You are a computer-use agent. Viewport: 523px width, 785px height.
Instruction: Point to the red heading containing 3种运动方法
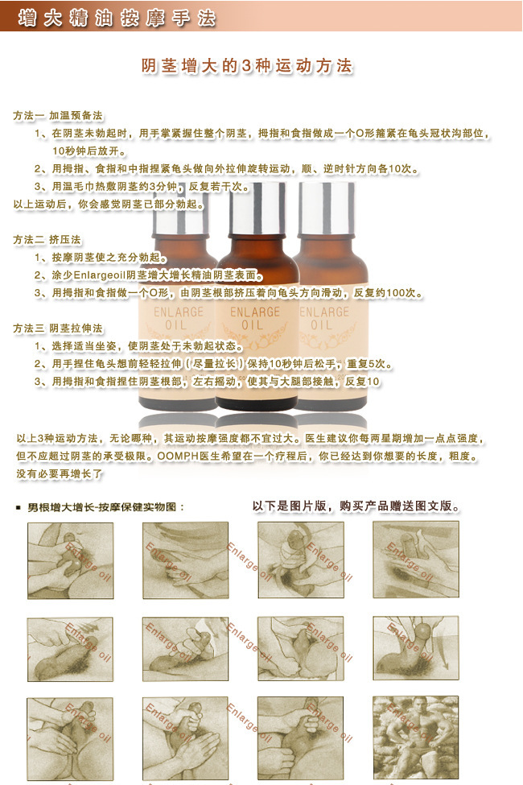[x=247, y=66]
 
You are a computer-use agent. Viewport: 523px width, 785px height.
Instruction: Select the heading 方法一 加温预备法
[x=57, y=115]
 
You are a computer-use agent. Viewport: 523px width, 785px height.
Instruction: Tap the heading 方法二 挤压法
[x=47, y=240]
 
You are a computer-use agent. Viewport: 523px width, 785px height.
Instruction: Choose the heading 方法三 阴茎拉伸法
[x=57, y=328]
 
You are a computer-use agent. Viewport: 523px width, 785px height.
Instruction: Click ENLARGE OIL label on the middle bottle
[x=255, y=319]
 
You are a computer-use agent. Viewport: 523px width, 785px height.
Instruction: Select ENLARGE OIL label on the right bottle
[x=322, y=318]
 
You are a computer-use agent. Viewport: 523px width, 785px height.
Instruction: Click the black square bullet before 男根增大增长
[x=19, y=508]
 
